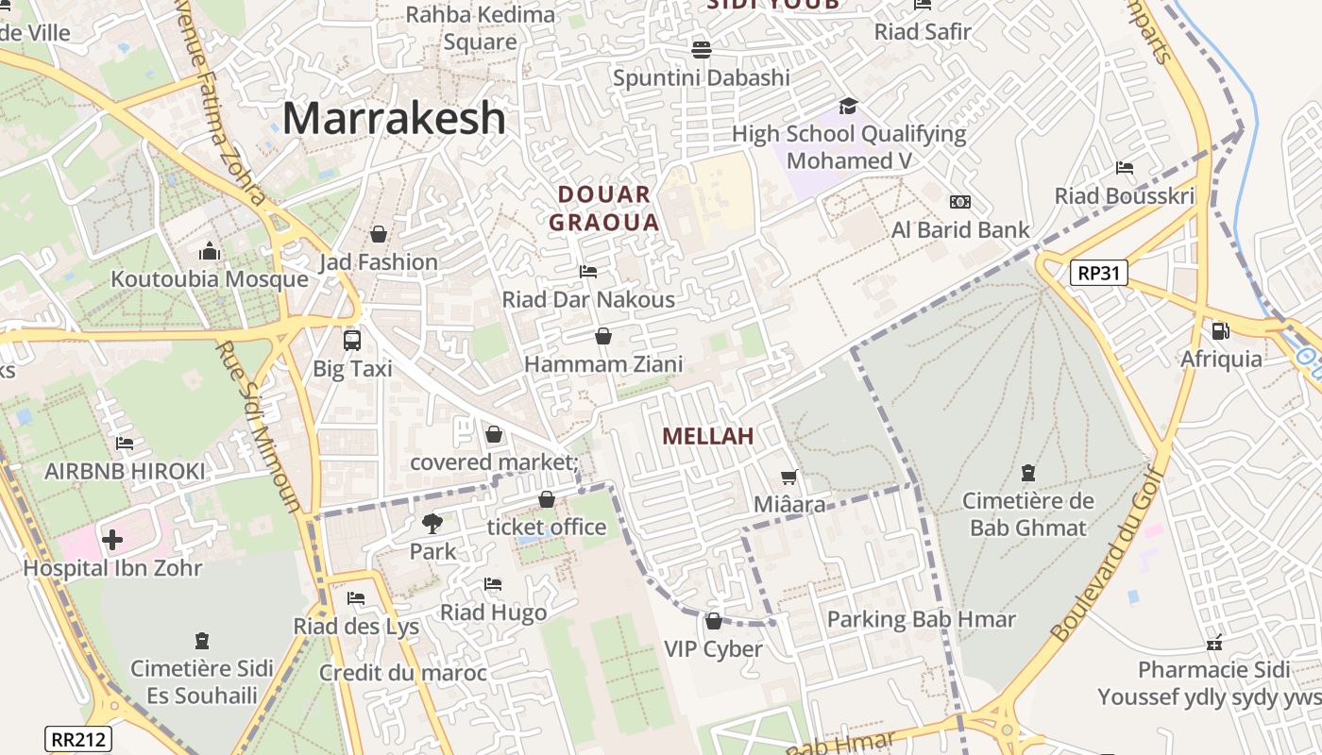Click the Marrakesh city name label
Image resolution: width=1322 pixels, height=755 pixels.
[394, 119]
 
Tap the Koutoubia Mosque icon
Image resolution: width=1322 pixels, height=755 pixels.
[210, 252]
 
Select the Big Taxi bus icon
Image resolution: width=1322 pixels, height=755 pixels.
[352, 340]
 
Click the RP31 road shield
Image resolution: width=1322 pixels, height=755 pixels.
[1099, 274]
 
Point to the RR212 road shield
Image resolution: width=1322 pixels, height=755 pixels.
[77, 739]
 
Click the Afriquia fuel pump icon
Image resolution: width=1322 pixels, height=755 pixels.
[1220, 331]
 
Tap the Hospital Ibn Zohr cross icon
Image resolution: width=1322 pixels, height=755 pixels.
[112, 540]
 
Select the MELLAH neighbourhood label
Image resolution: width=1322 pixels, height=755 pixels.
[707, 436]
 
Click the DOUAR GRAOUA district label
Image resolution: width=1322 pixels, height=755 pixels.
[603, 209]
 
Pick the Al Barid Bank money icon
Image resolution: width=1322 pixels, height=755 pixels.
[960, 202]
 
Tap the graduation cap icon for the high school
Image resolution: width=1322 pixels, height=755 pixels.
[848, 106]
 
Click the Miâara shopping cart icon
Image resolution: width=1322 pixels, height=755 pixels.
[789, 478]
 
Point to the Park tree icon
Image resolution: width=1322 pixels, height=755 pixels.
[432, 523]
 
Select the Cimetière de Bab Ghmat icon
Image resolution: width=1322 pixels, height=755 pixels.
[1028, 472]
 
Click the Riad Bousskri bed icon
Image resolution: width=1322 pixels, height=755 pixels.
[1124, 168]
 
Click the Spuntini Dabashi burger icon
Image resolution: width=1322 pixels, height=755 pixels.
[701, 49]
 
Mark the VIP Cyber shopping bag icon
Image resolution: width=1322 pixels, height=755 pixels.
[714, 621]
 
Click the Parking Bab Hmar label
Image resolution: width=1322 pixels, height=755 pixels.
[921, 620]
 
